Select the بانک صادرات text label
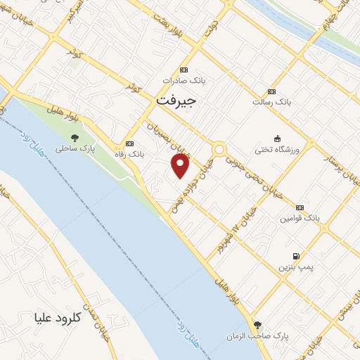[184, 81]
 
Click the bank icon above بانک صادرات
[184, 70]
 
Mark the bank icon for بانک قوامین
[300, 207]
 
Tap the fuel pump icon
[295, 256]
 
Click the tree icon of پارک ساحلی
[75, 138]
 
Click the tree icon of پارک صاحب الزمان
[258, 325]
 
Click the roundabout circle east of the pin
[219, 149]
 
